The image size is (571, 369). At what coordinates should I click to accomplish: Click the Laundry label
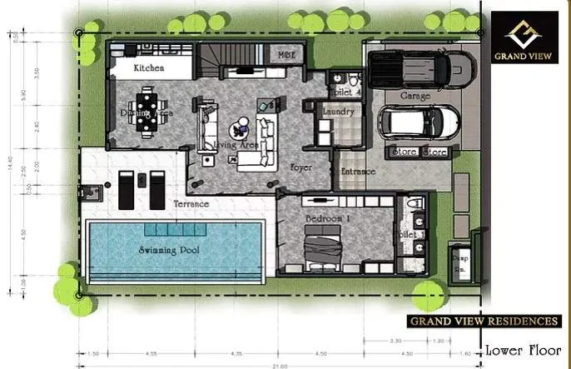point(338,111)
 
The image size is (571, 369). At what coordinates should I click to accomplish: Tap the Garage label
point(415,97)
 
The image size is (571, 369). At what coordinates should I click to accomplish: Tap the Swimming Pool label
point(170,249)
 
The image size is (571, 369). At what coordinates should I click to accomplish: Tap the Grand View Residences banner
point(484,321)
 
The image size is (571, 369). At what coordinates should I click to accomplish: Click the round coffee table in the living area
point(240,130)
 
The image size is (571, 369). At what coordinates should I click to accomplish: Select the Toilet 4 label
point(345,92)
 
